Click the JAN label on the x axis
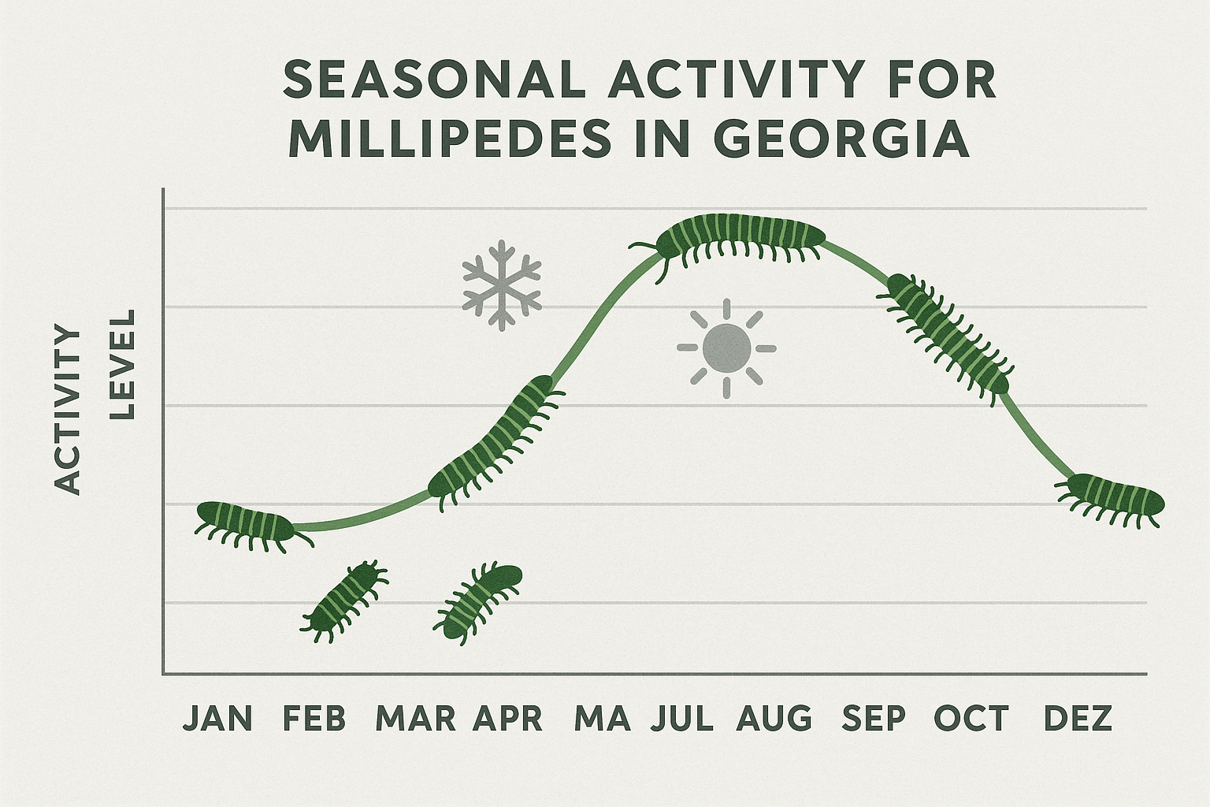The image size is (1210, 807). (218, 719)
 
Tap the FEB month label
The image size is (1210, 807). (314, 719)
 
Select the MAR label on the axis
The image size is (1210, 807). (415, 719)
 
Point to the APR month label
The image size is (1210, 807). (508, 719)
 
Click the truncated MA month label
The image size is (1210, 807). (603, 719)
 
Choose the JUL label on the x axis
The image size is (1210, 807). (683, 719)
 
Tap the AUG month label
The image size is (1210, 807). (774, 719)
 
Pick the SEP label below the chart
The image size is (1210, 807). (874, 719)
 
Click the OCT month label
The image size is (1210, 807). (971, 719)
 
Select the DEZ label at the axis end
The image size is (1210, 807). (1078, 719)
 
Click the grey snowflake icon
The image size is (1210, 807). (502, 284)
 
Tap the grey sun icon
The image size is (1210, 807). (726, 348)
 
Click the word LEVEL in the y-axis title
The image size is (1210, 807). (122, 363)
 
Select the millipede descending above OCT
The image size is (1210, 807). (946, 334)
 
